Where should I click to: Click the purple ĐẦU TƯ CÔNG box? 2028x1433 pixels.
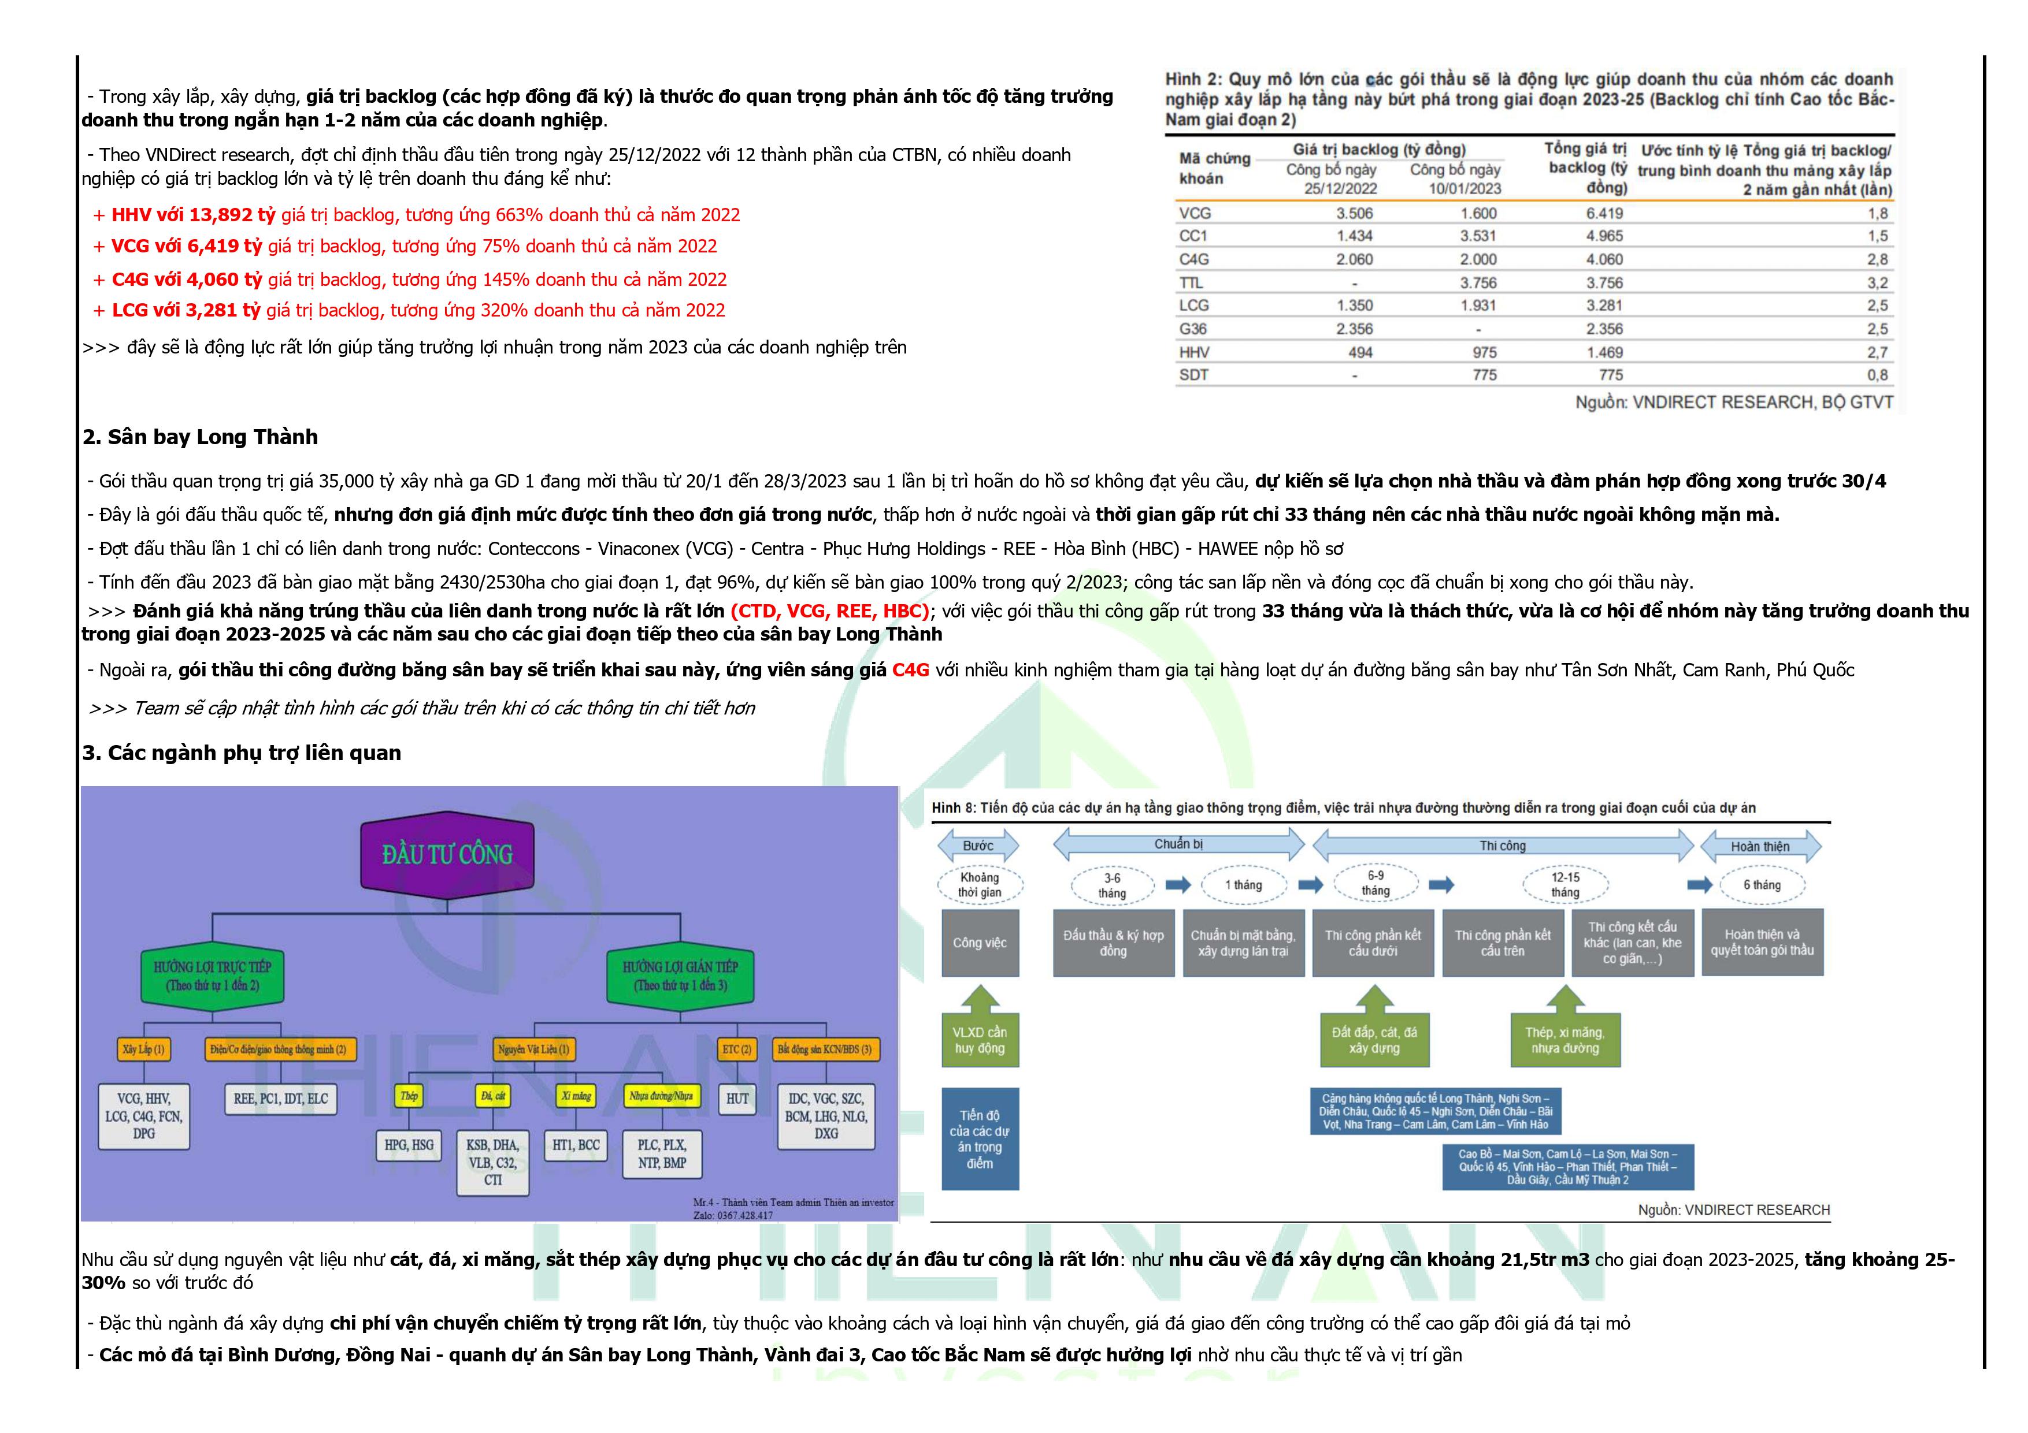[447, 853]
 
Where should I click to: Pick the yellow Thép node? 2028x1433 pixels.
[409, 1096]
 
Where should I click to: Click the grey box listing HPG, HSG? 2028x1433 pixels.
[409, 1145]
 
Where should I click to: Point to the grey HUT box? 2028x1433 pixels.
[737, 1099]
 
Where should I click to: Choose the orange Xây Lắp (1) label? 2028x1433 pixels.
[143, 1049]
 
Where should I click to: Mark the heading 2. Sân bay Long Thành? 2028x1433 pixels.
[199, 437]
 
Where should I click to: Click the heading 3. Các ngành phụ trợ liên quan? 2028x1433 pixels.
[241, 753]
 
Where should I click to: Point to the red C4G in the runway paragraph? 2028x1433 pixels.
[911, 670]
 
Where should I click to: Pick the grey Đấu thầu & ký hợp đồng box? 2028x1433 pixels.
[1113, 943]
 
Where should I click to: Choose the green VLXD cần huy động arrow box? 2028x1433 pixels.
[980, 1039]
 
